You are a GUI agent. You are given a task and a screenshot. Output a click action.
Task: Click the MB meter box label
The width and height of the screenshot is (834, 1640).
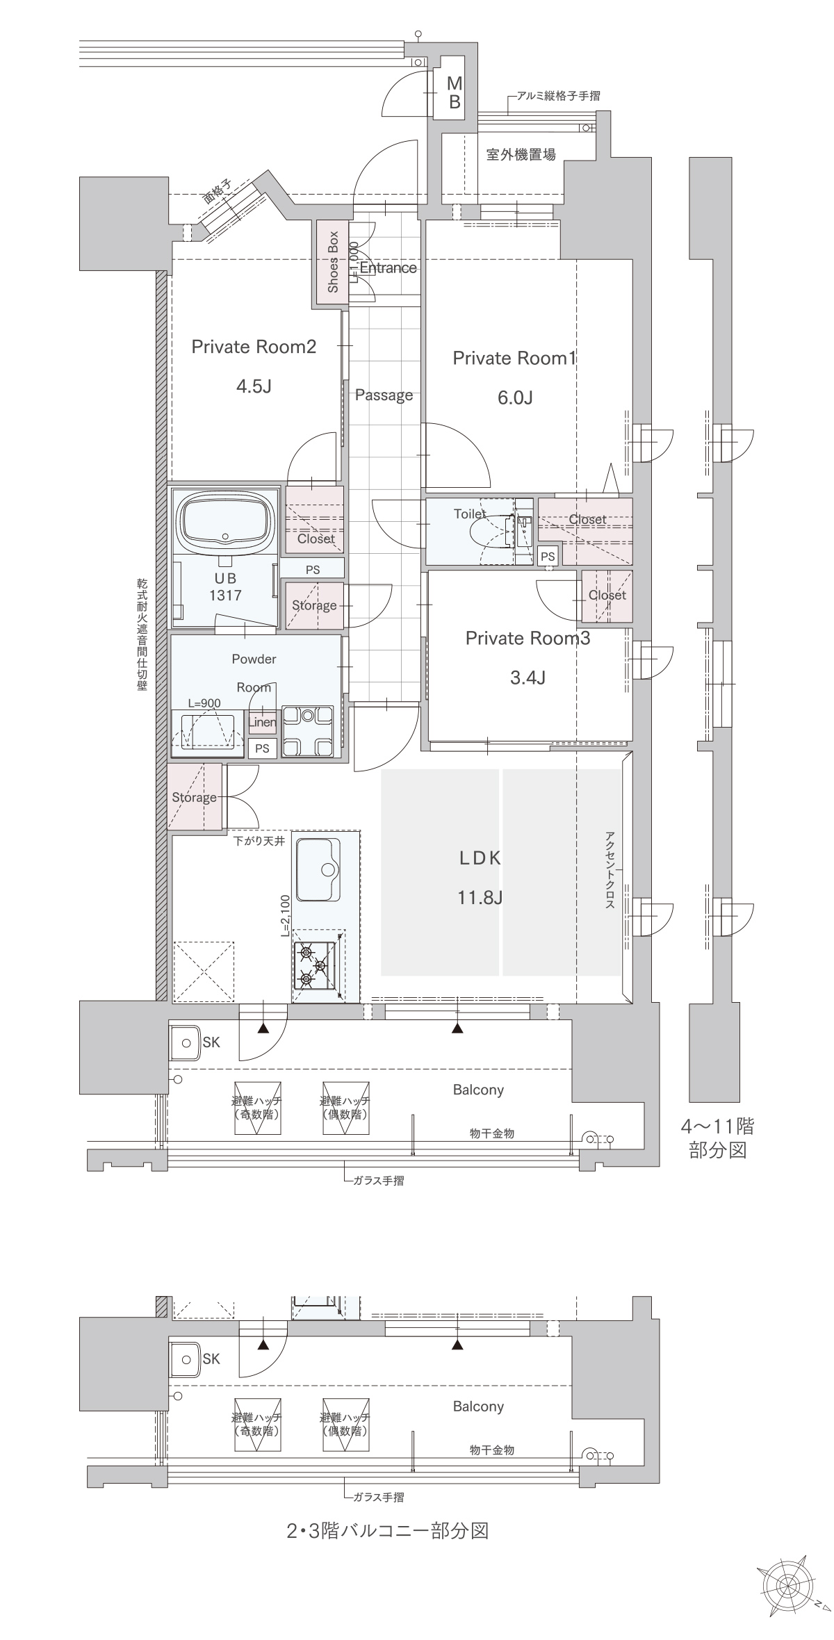click(454, 92)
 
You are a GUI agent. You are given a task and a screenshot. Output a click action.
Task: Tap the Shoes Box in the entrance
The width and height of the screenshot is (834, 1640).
click(332, 262)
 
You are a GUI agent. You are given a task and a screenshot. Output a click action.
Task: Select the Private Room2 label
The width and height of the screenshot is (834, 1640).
click(254, 346)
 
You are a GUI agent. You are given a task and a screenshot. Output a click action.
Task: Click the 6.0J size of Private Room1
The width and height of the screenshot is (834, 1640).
click(515, 397)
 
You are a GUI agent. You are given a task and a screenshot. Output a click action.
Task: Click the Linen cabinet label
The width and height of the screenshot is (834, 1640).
click(262, 722)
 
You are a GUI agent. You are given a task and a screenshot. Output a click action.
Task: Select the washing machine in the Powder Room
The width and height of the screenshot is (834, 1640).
click(306, 730)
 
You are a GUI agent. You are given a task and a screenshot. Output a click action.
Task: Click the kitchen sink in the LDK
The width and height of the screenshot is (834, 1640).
click(318, 869)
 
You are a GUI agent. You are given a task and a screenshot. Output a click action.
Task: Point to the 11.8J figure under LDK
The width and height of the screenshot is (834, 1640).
click(480, 898)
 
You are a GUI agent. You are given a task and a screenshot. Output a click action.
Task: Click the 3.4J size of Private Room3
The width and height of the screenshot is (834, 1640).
click(528, 677)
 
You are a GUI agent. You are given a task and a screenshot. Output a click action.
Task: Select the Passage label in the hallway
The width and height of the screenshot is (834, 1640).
click(384, 395)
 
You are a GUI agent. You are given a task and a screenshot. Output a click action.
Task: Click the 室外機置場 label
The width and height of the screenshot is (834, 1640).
click(521, 154)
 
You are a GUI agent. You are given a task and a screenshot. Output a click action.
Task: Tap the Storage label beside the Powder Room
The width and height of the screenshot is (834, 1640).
click(194, 798)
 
